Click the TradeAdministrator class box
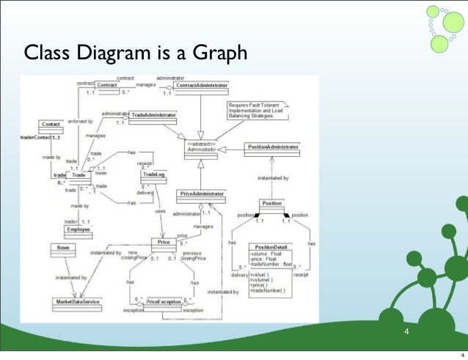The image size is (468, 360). pyautogui.click(x=153, y=117)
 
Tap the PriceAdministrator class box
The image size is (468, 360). pyautogui.click(x=201, y=195)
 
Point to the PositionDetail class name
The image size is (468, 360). pyautogui.click(x=271, y=247)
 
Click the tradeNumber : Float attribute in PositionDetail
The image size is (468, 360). pyautogui.click(x=271, y=265)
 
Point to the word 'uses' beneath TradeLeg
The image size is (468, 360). pyautogui.click(x=159, y=212)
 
